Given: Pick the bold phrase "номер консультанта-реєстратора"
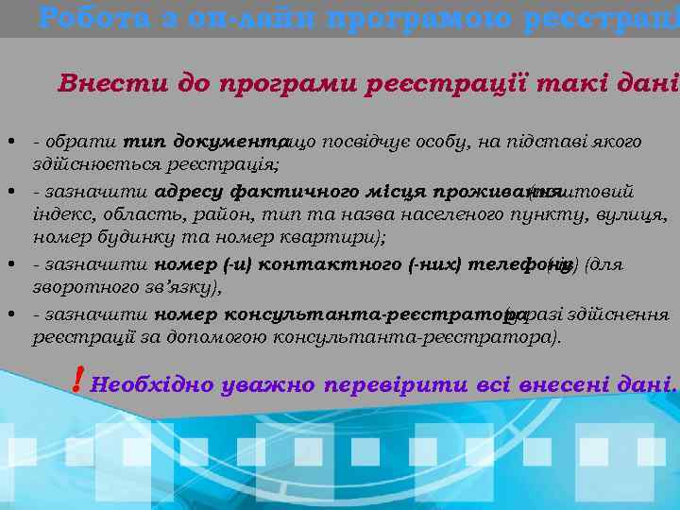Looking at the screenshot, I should [329, 314].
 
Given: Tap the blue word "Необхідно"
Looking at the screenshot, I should [149, 385].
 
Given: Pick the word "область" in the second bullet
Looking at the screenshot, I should [127, 216].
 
